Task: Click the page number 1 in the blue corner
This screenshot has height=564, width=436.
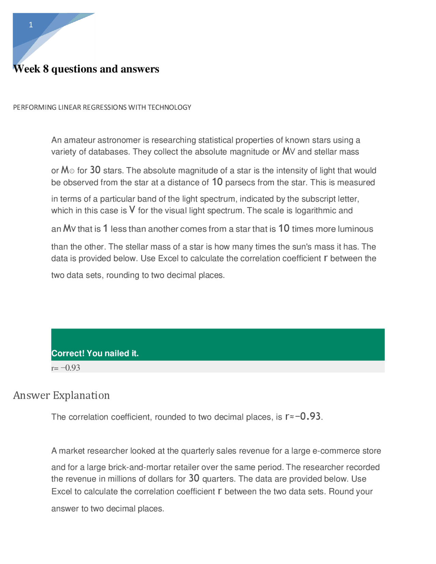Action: (x=31, y=25)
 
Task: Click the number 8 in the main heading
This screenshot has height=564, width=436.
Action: (x=46, y=69)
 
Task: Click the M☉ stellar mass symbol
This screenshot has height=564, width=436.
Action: (x=67, y=170)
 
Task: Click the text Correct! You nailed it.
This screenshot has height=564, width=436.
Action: (x=95, y=353)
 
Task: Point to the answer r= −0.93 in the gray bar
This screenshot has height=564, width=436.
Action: (x=66, y=368)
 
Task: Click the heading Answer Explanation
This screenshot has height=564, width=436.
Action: (x=61, y=395)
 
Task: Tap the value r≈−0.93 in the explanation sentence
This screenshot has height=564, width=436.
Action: (x=303, y=417)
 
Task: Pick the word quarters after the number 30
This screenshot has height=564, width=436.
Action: (x=218, y=479)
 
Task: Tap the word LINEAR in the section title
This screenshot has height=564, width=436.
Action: (x=69, y=107)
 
